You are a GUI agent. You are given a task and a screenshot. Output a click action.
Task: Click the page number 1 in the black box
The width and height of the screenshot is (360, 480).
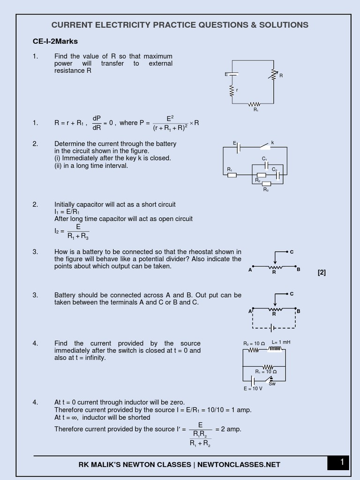342,463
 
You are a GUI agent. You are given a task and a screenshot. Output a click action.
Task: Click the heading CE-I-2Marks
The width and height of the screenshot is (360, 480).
55,41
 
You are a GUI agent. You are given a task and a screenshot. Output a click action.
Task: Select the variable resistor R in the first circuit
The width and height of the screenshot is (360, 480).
273,74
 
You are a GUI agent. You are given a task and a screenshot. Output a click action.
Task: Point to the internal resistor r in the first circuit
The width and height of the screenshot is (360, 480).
232,90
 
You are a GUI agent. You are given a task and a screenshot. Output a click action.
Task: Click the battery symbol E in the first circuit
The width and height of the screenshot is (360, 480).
232,74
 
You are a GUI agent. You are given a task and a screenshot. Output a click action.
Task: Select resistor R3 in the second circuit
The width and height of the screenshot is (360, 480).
266,183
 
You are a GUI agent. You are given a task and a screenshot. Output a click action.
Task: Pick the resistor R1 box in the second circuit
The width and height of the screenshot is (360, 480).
232,175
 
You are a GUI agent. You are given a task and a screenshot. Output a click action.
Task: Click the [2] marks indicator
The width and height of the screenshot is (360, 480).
322,272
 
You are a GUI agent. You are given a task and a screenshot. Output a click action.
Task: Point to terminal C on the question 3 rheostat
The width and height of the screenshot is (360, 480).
291,252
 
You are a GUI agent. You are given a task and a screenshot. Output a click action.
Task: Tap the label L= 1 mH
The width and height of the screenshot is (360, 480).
281,342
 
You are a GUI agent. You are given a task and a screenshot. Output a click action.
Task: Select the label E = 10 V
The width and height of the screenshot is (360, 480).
253,389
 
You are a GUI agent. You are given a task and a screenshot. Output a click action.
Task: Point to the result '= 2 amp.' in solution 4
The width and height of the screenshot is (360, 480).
228,429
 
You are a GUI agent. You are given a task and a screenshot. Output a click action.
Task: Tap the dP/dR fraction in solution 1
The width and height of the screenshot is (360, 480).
97,123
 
